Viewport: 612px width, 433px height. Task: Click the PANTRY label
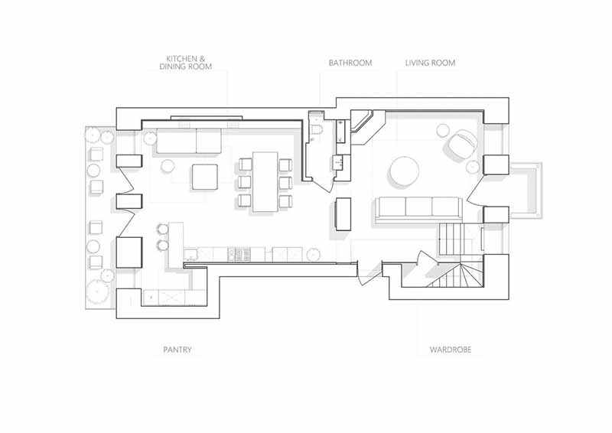(x=177, y=350)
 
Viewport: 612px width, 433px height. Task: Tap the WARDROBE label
(x=451, y=350)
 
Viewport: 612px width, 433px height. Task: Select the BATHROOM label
(x=350, y=63)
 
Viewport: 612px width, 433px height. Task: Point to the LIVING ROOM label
(x=430, y=63)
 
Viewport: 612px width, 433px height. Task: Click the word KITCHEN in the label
(x=183, y=59)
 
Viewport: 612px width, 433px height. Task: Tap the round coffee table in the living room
(x=404, y=171)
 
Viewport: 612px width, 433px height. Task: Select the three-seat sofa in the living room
(x=419, y=207)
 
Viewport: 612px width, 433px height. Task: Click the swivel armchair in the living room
(x=463, y=143)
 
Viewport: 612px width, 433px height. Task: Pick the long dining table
(x=265, y=181)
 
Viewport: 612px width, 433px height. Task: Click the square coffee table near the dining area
(x=204, y=177)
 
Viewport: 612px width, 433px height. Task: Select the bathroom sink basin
(x=337, y=162)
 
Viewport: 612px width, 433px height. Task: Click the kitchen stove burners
(x=239, y=255)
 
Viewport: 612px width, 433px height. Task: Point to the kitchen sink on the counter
(x=190, y=255)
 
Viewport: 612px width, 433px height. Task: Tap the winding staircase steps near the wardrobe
(x=457, y=275)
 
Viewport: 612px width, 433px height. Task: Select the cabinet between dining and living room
(x=343, y=214)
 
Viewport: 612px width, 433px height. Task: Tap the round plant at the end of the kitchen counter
(x=313, y=255)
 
